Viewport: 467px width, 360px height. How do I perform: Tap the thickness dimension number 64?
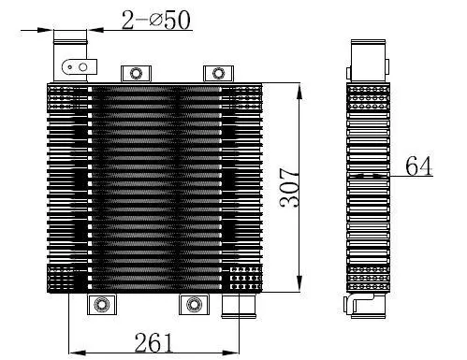click(421, 166)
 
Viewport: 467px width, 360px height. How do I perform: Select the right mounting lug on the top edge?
click(218, 73)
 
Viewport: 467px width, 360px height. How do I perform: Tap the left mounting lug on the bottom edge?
click(100, 305)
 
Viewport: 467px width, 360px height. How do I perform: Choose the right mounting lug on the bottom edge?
click(192, 305)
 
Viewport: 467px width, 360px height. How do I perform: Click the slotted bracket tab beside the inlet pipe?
click(80, 67)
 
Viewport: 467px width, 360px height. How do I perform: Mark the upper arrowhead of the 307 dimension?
click(299, 90)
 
